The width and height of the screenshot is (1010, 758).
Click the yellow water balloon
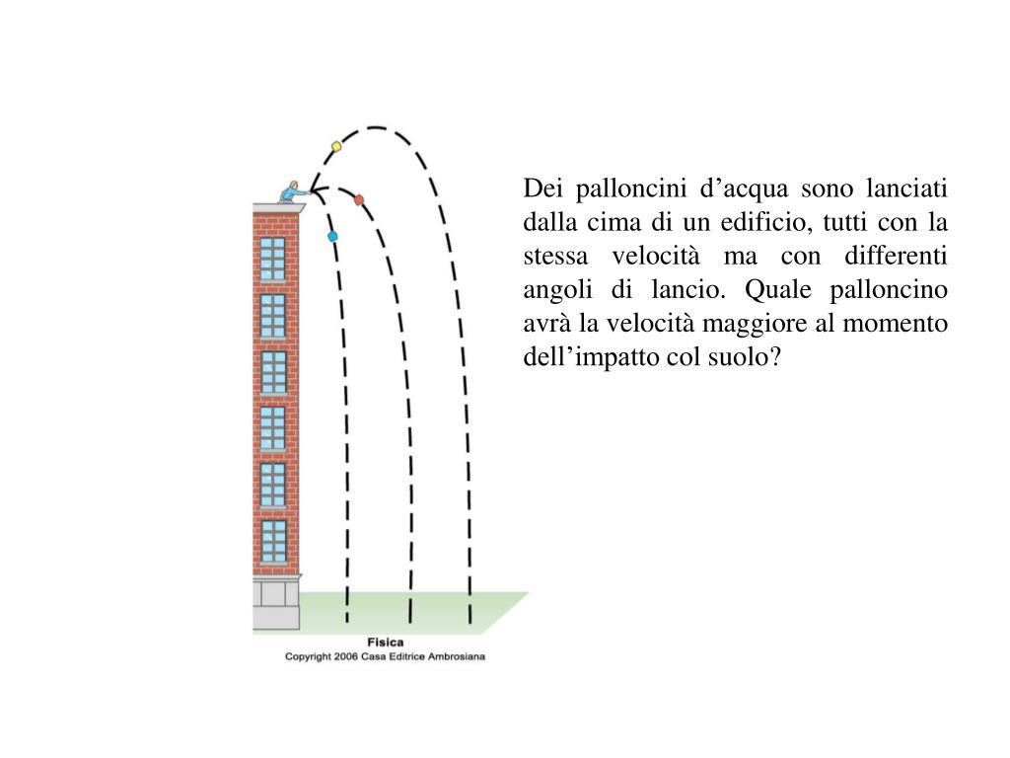click(x=336, y=146)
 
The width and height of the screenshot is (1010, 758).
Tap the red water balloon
click(x=359, y=199)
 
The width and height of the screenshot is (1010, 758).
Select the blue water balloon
click(x=332, y=236)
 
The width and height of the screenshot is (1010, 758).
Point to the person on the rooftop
click(x=291, y=190)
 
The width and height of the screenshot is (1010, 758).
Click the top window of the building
click(x=272, y=259)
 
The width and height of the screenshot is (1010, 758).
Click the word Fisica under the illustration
click(x=386, y=643)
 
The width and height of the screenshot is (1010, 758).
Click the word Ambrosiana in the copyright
click(x=455, y=656)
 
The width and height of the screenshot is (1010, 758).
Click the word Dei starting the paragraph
click(x=541, y=188)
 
